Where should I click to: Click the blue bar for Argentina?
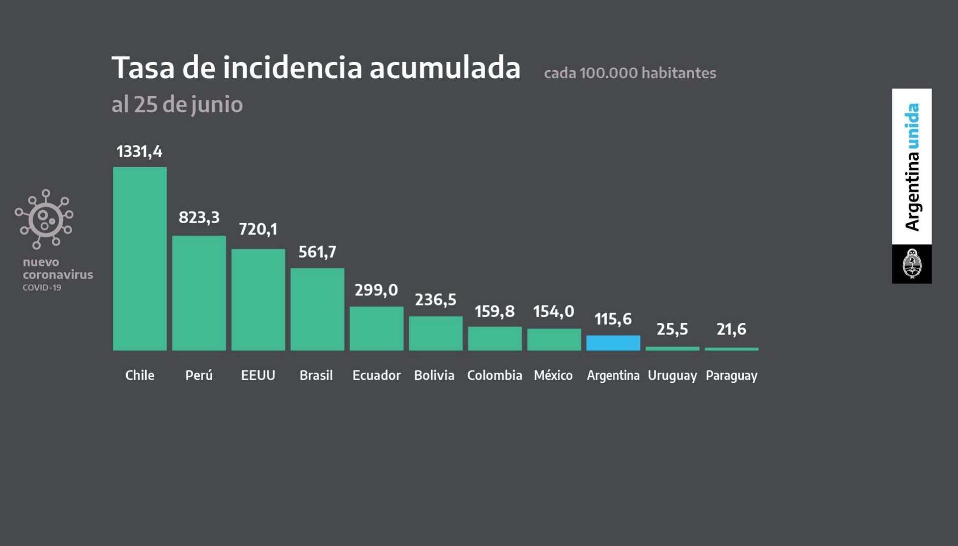tap(613, 343)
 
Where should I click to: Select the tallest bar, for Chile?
tap(139, 258)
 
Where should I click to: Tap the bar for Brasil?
tap(317, 309)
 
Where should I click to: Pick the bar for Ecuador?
tap(376, 328)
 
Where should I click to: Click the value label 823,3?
tap(199, 218)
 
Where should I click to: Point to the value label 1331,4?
tap(139, 151)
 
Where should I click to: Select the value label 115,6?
tap(613, 319)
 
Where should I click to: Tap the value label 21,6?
tap(731, 329)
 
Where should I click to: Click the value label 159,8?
tap(494, 311)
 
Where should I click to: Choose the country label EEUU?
tap(258, 375)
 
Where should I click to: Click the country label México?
tap(553, 375)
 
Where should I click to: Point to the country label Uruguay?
tap(672, 376)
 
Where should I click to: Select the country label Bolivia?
tap(434, 375)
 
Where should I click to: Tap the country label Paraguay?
tap(731, 376)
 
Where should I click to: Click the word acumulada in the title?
tap(445, 68)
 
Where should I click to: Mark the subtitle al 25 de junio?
tap(177, 105)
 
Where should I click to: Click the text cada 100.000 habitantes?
tap(630, 73)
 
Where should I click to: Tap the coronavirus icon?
tap(44, 219)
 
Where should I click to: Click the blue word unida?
tap(912, 126)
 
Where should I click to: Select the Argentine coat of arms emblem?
tap(912, 264)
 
